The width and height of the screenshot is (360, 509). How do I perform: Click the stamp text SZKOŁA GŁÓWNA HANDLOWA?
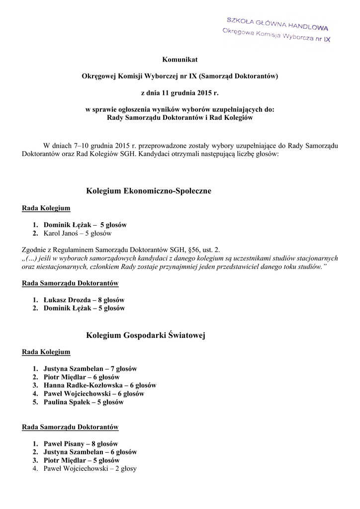pyautogui.click(x=277, y=24)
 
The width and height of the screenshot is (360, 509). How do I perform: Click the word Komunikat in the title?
pyautogui.click(x=180, y=60)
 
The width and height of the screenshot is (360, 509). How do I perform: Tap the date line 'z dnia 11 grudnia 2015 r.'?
pyautogui.click(x=180, y=92)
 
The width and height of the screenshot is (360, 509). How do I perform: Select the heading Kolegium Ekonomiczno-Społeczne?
pyautogui.click(x=149, y=191)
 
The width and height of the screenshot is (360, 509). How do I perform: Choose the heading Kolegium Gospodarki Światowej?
pyautogui.click(x=146, y=336)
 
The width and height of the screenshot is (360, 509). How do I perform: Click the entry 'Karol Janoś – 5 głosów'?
pyautogui.click(x=78, y=233)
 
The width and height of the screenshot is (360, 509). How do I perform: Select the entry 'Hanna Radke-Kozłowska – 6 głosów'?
pyautogui.click(x=99, y=385)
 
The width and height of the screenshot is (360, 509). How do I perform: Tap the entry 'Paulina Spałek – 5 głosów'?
pyautogui.click(x=83, y=402)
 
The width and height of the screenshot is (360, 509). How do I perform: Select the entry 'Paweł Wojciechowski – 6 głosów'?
pyautogui.click(x=93, y=394)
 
